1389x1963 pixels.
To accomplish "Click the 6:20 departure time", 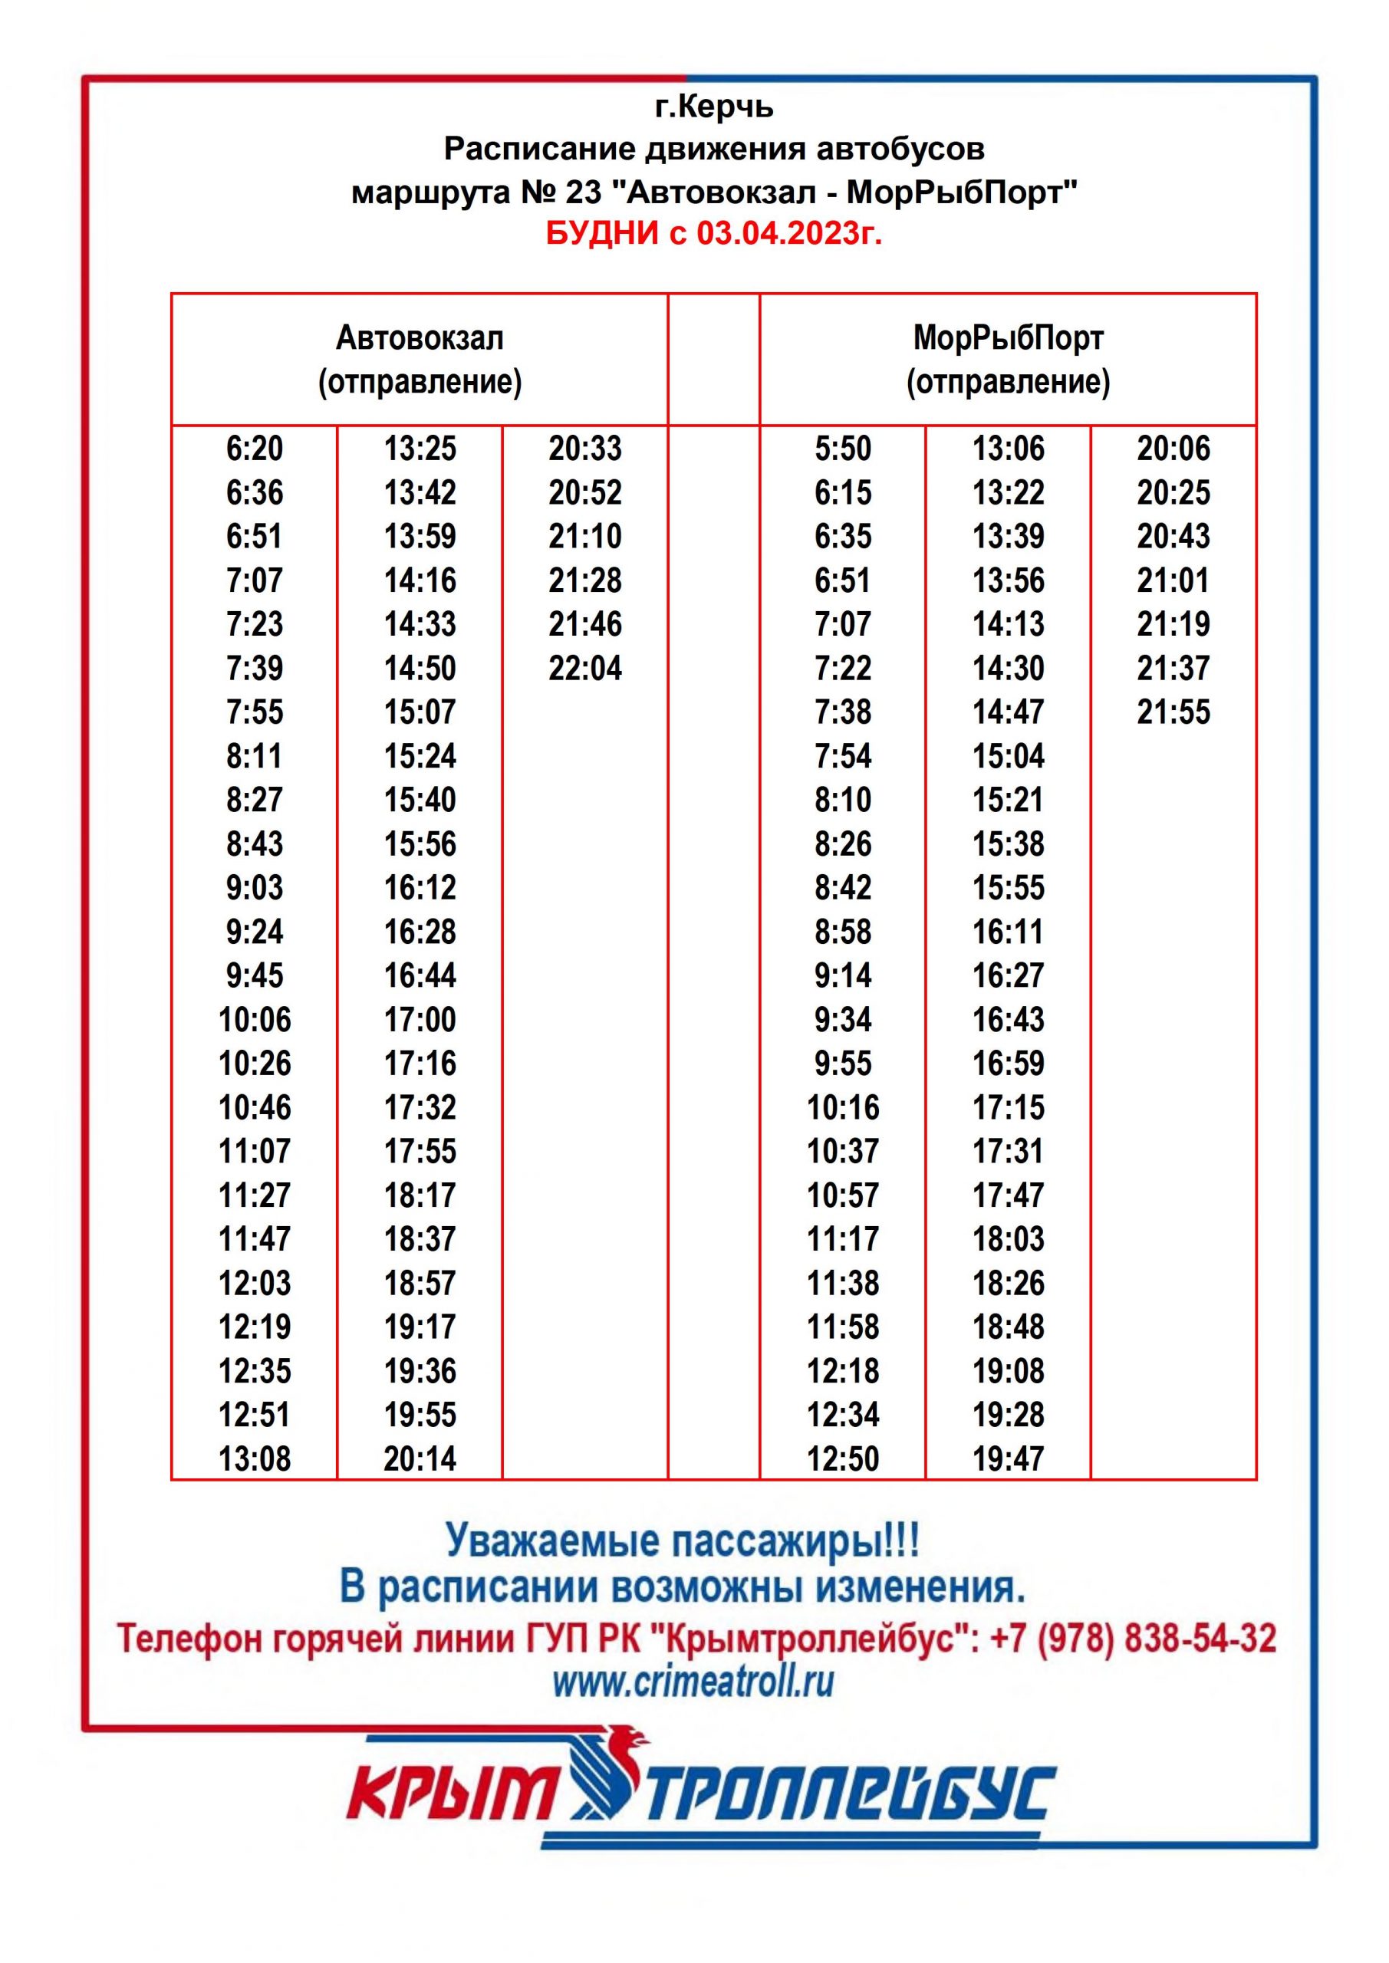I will pyautogui.click(x=254, y=449).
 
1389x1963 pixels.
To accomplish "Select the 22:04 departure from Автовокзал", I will pyautogui.click(x=585, y=669).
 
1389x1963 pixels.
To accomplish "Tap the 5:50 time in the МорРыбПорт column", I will pyautogui.click(x=842, y=449).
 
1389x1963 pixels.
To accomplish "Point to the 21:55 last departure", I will pyautogui.click(x=1173, y=712).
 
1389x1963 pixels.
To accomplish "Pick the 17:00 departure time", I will pyautogui.click(x=420, y=1020).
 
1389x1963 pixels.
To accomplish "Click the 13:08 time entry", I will pyautogui.click(x=254, y=1459).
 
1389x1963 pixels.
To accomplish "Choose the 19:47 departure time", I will pyautogui.click(x=1009, y=1459).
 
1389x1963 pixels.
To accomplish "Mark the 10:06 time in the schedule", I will pyautogui.click(x=254, y=1020).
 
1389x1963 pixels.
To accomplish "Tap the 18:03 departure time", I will pyautogui.click(x=1009, y=1240).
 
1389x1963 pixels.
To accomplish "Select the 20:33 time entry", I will pyautogui.click(x=585, y=449).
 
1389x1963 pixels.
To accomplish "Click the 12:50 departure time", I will pyautogui.click(x=842, y=1459).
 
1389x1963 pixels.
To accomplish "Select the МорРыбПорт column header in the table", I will pyautogui.click(x=1008, y=359).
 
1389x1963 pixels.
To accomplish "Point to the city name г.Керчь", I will pyautogui.click(x=714, y=107).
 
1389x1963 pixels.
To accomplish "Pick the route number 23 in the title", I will pyautogui.click(x=584, y=192).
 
